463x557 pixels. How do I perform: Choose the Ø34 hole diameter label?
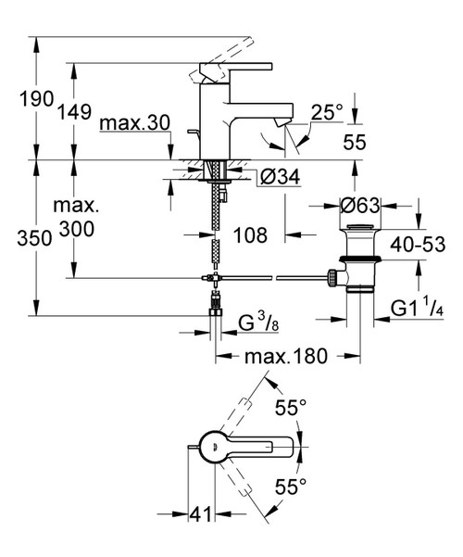(272, 178)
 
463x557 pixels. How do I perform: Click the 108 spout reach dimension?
(250, 235)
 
